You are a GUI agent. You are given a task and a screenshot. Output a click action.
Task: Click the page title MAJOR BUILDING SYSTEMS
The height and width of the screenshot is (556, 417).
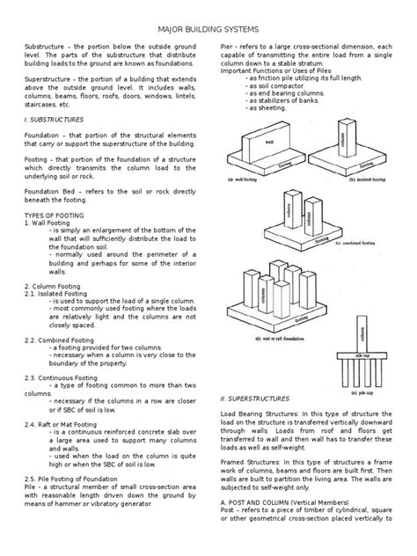click(208, 29)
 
